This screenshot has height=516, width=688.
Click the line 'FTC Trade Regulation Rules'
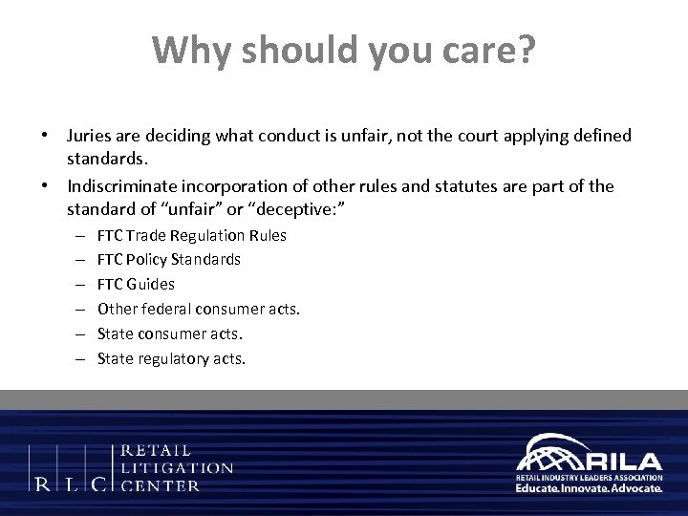coord(191,235)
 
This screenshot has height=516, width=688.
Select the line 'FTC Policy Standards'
coord(168,260)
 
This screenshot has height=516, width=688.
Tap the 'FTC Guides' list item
coord(136,285)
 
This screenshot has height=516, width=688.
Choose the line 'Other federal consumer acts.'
coord(198,310)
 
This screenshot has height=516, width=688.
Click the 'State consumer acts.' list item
coord(169,334)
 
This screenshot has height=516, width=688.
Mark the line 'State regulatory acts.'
coord(171,359)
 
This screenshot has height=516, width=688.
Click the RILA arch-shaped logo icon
coord(544,453)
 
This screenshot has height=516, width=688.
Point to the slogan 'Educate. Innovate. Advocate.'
coord(589,488)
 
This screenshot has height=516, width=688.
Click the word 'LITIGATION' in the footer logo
coord(179,468)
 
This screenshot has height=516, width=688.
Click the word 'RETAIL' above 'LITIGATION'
coord(158,450)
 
